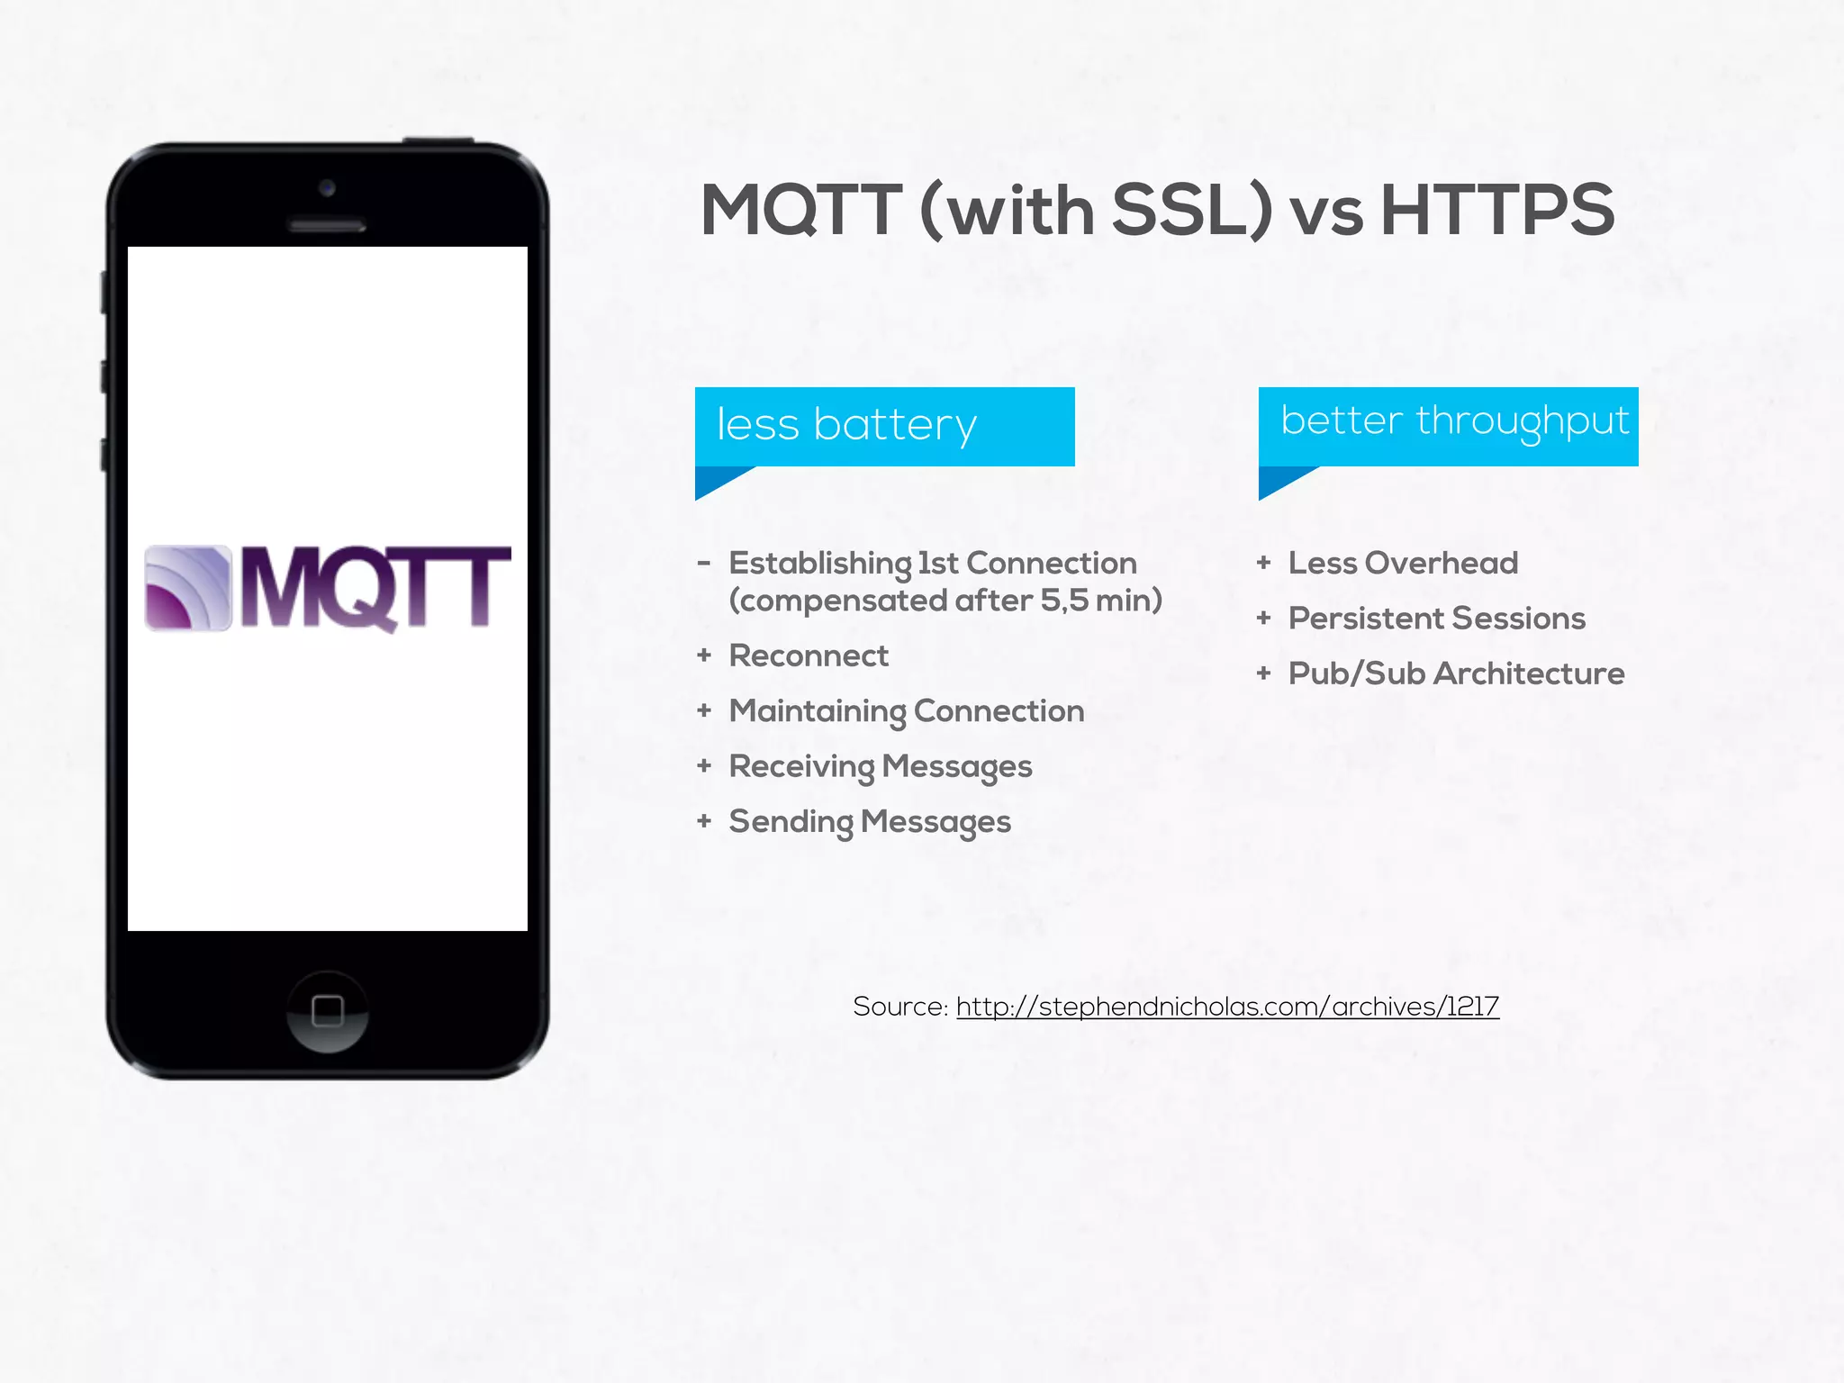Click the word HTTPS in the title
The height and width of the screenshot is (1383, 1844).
click(x=1496, y=210)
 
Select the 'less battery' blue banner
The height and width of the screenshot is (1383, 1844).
click(x=884, y=426)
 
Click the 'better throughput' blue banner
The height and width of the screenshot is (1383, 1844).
click(x=1448, y=426)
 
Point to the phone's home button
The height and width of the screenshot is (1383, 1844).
click(x=327, y=1011)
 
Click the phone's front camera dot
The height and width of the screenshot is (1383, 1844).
click(x=327, y=188)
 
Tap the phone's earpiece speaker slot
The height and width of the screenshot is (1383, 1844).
click(x=327, y=225)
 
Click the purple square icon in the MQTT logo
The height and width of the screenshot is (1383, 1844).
click(x=188, y=588)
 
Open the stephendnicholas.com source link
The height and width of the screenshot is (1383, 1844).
click(x=1227, y=1006)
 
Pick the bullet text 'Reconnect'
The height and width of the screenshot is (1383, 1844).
click(x=808, y=655)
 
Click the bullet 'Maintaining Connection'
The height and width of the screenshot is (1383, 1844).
click(x=906, y=711)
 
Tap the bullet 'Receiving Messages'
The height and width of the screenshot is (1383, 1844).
click(x=880, y=766)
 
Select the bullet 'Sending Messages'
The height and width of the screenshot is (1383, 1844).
click(x=869, y=821)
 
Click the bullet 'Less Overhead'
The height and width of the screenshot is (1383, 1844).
click(x=1403, y=563)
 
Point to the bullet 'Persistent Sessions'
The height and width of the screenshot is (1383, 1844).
click(x=1436, y=619)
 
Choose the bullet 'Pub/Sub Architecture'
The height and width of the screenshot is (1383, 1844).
click(x=1456, y=673)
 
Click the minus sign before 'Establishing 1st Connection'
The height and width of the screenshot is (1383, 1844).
click(x=704, y=564)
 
